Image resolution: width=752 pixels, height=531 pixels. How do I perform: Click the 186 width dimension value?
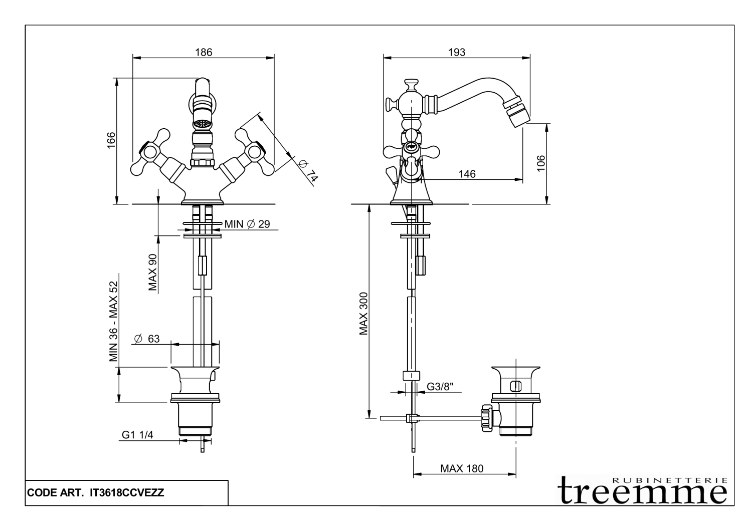(204, 52)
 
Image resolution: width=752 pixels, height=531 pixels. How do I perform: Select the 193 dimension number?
(457, 52)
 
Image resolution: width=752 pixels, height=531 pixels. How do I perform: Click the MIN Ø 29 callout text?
(247, 224)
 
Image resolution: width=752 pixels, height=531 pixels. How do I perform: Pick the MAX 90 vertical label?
(153, 273)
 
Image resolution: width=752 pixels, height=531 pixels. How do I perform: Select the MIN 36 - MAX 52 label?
(114, 321)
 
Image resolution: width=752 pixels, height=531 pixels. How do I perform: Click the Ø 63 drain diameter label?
(147, 339)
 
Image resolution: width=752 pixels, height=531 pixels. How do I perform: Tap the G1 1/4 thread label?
(137, 435)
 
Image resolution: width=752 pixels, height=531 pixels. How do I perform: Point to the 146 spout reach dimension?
(467, 174)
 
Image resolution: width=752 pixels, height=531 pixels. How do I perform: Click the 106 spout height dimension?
(540, 164)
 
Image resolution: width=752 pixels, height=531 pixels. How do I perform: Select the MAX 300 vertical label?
(364, 314)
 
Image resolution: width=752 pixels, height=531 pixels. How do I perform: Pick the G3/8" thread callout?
(440, 387)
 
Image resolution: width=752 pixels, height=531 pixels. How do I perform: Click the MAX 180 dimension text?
(462, 469)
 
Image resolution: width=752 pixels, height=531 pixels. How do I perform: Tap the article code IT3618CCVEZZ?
(126, 493)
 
